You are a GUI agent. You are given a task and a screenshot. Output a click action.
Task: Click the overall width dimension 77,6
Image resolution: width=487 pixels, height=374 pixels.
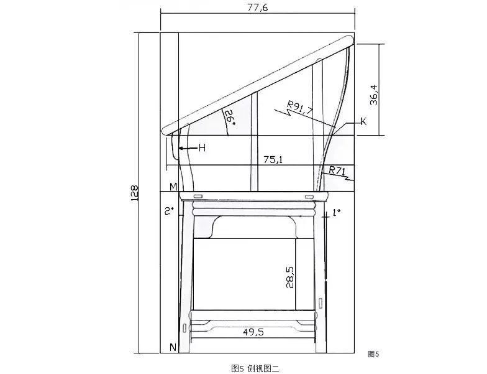click(x=257, y=7)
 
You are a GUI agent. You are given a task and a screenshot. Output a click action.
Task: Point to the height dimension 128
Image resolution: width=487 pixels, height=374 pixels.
click(x=134, y=193)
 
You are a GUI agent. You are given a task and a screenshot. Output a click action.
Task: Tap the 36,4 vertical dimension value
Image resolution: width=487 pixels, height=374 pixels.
click(x=374, y=95)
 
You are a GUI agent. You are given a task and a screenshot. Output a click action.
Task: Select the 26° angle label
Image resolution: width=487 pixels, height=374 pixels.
click(x=230, y=117)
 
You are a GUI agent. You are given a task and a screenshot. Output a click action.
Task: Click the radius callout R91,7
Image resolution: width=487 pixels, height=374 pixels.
click(x=300, y=107)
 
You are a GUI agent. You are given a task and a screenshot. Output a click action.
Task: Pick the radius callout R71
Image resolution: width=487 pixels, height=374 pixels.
click(x=337, y=171)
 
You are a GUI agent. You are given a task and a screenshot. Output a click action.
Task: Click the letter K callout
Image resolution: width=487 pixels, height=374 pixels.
click(x=363, y=121)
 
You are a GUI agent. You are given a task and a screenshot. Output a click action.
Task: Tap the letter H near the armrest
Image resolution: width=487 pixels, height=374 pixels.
click(x=203, y=148)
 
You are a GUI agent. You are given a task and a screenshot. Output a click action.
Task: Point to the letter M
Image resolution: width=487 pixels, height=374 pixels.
click(x=173, y=187)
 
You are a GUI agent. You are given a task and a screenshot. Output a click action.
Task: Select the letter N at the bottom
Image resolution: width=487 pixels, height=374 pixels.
click(x=173, y=347)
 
